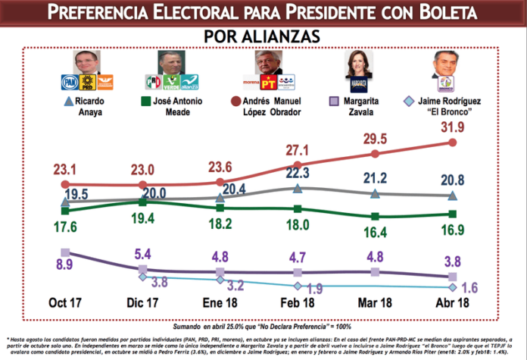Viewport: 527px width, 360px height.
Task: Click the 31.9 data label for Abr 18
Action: (x=451, y=127)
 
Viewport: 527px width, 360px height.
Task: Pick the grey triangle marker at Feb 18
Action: (x=298, y=188)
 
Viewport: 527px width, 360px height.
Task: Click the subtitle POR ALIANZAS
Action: (x=263, y=36)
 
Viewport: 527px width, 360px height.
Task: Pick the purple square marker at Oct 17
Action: (x=65, y=253)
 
